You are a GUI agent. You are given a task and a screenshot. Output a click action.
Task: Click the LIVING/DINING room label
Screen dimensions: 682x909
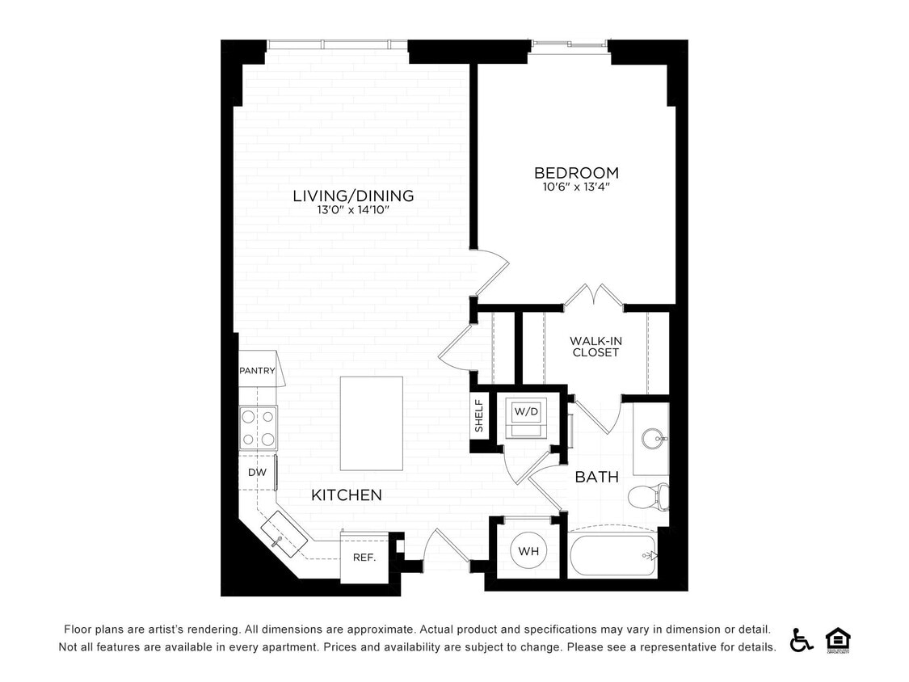353,196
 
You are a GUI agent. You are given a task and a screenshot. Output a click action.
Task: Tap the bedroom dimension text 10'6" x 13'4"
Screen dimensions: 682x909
576,187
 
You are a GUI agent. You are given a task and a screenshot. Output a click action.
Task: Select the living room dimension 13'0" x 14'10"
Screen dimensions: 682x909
353,210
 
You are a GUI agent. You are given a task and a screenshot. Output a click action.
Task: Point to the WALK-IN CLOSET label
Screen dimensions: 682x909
595,347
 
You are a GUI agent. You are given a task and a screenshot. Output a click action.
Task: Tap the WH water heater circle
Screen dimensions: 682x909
528,551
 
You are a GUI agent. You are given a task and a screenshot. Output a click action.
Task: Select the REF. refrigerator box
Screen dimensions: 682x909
362,557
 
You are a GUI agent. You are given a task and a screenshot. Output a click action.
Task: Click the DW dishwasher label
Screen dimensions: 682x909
257,473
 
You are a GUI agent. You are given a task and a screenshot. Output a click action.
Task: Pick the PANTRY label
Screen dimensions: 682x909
257,371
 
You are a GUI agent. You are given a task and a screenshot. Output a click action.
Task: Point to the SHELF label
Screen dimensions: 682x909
479,416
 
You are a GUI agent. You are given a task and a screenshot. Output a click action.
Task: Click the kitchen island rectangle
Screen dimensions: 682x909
371,423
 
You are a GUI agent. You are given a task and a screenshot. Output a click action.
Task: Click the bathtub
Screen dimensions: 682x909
612,554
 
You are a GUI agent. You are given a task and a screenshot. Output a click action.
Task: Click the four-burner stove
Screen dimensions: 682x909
258,428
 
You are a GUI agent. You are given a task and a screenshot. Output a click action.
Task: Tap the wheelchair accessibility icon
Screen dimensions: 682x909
802,639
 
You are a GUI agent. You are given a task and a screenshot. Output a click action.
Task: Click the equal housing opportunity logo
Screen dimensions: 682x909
838,639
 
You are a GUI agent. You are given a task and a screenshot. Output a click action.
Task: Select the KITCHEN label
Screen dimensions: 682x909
347,495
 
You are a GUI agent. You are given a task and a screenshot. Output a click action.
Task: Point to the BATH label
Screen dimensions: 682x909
596,477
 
